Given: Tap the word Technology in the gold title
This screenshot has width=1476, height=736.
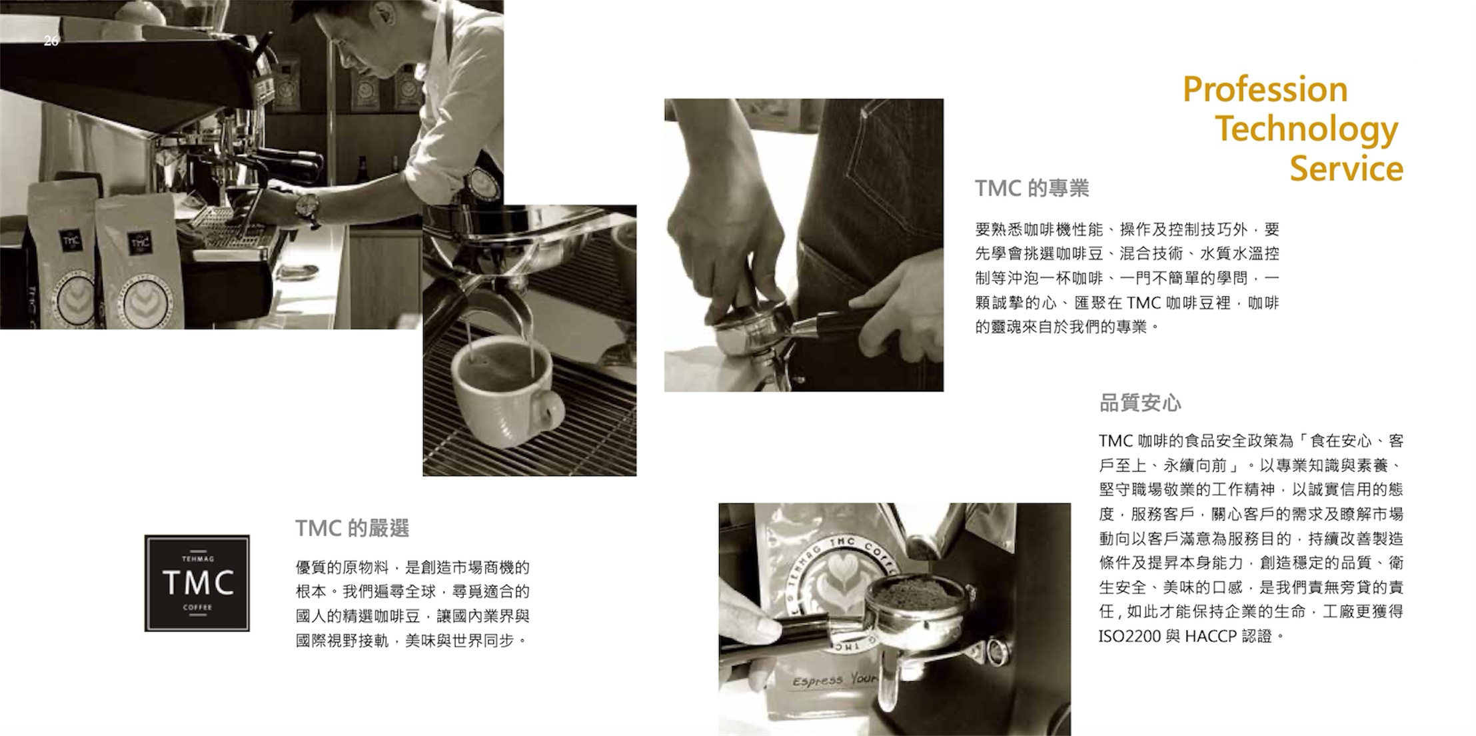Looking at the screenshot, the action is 1307,130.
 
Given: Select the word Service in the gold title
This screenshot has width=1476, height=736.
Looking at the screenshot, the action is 1346,168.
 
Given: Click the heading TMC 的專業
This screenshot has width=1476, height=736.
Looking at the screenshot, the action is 1032,189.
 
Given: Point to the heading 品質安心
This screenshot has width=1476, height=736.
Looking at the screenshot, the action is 1139,403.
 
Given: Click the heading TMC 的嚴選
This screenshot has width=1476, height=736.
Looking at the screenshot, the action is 352,529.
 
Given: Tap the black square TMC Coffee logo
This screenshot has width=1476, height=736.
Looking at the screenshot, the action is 197,583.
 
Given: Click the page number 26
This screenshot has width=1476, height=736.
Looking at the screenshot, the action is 51,41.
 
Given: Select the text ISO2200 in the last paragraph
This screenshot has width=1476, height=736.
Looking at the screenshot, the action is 1129,637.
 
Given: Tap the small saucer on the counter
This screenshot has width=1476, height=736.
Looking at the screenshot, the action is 297,271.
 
